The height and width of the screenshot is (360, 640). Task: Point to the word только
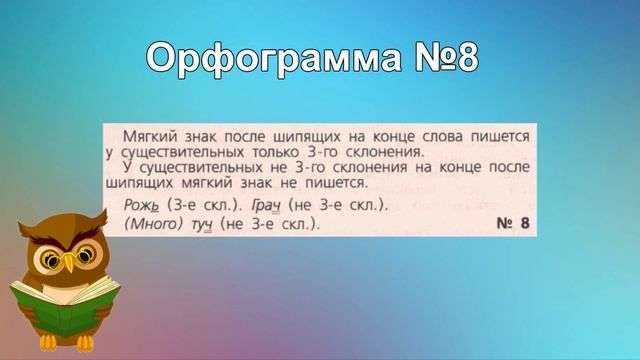[295, 152]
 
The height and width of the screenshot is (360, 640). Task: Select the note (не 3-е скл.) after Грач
[336, 205]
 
